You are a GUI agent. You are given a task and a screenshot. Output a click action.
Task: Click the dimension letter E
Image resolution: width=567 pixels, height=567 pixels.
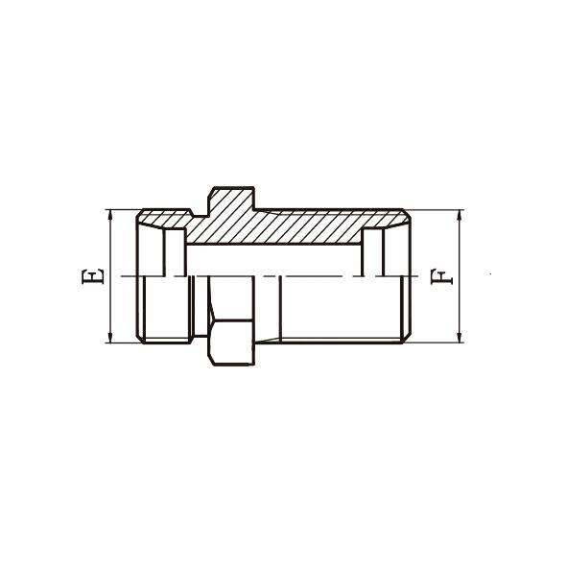(93, 276)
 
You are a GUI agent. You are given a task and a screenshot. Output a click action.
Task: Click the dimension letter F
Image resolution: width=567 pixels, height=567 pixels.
(441, 276)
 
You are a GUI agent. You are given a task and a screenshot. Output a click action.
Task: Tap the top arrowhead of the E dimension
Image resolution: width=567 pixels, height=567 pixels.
(110, 215)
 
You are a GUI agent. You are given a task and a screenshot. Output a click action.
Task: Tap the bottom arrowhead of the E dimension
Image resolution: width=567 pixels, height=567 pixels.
(110, 338)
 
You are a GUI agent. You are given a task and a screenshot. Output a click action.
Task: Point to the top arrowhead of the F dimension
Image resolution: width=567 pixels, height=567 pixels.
(460, 215)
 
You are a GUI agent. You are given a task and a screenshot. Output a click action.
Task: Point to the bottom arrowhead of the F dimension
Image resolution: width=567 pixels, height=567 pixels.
(460, 338)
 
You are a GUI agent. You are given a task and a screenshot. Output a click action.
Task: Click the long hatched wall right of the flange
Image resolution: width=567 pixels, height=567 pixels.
(311, 226)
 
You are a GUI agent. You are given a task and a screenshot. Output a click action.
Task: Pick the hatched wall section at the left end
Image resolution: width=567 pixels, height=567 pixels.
(163, 219)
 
